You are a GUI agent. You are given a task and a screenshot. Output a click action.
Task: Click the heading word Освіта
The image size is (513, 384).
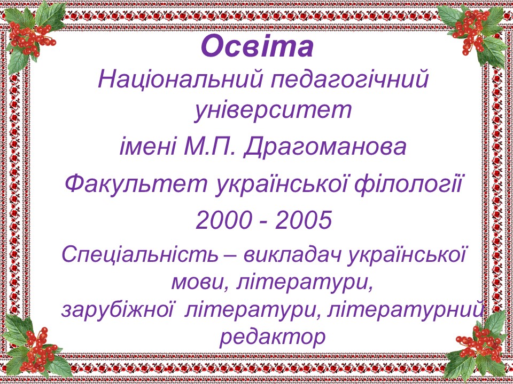[258, 46]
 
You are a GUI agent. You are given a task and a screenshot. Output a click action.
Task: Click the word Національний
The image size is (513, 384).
[180, 79]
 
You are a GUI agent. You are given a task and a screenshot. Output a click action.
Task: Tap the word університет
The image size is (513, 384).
[273, 110]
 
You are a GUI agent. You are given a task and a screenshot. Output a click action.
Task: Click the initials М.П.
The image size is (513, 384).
[209, 147]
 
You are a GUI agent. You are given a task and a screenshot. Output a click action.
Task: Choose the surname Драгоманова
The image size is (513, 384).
[324, 148]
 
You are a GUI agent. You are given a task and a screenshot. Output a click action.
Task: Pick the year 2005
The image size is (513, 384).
[304, 220]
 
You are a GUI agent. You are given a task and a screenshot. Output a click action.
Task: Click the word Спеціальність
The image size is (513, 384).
[140, 255]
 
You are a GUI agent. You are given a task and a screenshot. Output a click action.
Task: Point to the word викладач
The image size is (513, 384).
[292, 254]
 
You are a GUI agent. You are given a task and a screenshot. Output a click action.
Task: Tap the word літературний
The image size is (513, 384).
[405, 310]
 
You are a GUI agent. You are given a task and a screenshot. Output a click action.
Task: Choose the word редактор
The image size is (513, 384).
[272, 337]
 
